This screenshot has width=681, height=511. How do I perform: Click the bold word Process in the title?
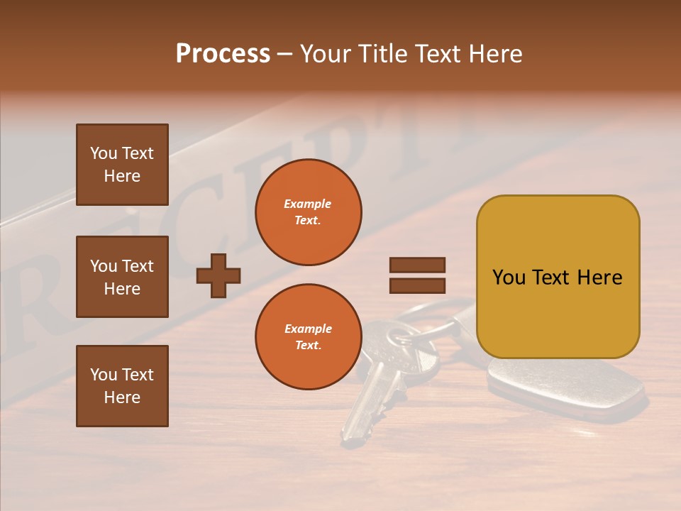click(223, 54)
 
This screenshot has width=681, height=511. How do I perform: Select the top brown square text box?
click(122, 165)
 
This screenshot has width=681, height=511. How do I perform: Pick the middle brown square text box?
click(122, 277)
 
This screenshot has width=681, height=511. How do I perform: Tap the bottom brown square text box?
click(122, 385)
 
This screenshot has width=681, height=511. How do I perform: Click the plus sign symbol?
click(218, 275)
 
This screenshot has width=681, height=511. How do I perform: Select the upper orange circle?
click(308, 211)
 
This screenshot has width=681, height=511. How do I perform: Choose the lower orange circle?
click(308, 336)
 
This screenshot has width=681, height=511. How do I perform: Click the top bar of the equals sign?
click(417, 265)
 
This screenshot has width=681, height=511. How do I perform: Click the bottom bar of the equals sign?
click(417, 285)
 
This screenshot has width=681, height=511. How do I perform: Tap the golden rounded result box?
click(558, 277)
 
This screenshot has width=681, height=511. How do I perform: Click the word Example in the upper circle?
click(307, 204)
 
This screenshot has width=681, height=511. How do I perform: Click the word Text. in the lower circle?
click(308, 345)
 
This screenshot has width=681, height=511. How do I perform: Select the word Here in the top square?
click(122, 176)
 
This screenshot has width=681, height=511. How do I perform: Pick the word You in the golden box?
click(509, 278)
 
